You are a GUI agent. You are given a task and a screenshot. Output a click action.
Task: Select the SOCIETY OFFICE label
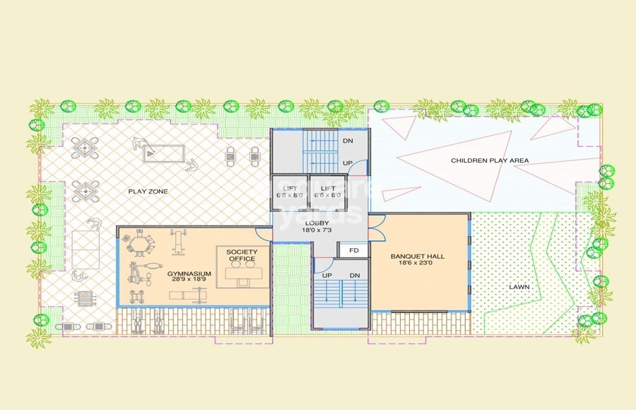point(242,255)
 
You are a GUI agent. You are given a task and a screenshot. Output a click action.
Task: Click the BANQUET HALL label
point(418,256)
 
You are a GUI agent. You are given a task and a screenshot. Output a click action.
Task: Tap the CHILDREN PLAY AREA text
point(490,161)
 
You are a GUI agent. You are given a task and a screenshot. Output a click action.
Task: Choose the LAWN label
point(519,288)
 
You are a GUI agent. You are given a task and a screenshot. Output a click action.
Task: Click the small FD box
point(354,250)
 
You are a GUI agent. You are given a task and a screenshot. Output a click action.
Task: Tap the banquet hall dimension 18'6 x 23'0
point(418,264)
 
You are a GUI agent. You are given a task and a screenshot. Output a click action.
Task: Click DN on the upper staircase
point(348,141)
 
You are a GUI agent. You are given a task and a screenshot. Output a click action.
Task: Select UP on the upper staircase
point(348,164)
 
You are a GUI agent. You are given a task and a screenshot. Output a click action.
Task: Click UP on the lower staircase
point(327,275)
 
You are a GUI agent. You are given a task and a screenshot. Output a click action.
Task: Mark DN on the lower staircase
point(355,275)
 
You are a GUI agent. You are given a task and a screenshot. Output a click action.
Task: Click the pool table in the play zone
point(164,153)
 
